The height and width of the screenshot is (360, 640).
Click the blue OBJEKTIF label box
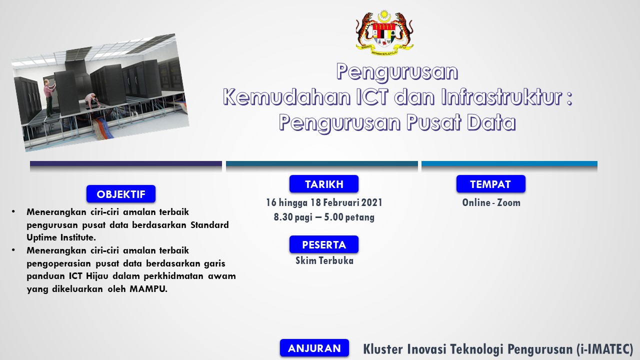[121, 194]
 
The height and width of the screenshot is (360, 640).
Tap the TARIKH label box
[323, 184]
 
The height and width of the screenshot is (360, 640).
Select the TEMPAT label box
[490, 184]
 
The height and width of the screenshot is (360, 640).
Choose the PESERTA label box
[323, 244]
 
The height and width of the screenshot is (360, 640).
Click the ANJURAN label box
[314, 348]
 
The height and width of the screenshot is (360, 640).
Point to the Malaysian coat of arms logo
[384, 33]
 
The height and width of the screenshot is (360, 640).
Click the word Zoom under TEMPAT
[508, 202]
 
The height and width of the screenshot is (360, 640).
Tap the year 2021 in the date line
[371, 202]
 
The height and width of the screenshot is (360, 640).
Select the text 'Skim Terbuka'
[324, 260]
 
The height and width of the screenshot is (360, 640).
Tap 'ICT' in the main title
[372, 97]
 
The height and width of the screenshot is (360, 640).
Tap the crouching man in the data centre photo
[92, 100]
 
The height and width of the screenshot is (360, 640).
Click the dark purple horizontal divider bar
[126, 163]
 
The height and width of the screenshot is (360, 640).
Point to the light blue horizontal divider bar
[509, 163]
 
